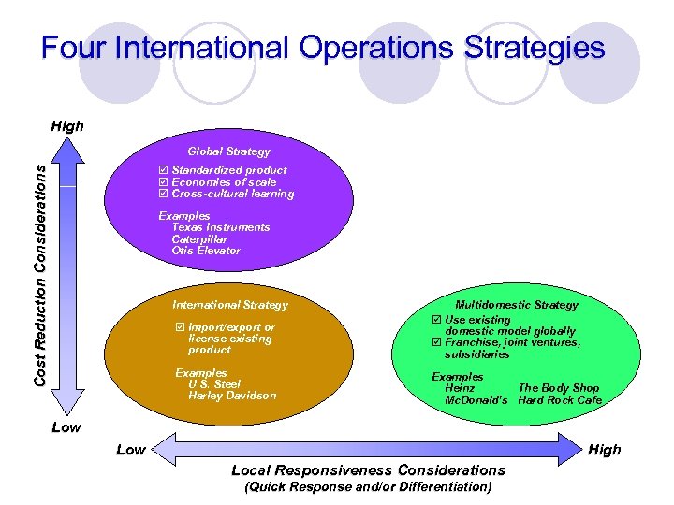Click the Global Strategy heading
click(x=228, y=151)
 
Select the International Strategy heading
click(x=230, y=305)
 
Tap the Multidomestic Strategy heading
click(x=516, y=305)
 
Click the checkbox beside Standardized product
click(x=164, y=170)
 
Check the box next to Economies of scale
click(x=164, y=182)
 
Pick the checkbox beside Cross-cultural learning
click(x=164, y=195)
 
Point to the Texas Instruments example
click(x=221, y=227)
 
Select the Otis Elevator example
click(x=206, y=251)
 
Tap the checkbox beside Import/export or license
click(x=180, y=328)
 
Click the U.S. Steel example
click(x=214, y=384)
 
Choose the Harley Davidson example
click(x=232, y=396)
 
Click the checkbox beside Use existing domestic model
click(x=435, y=320)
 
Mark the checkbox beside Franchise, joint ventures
click(x=435, y=343)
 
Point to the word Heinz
click(x=460, y=388)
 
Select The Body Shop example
click(x=558, y=388)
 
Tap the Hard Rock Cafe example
click(x=560, y=400)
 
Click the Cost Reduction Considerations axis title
click(x=40, y=272)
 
